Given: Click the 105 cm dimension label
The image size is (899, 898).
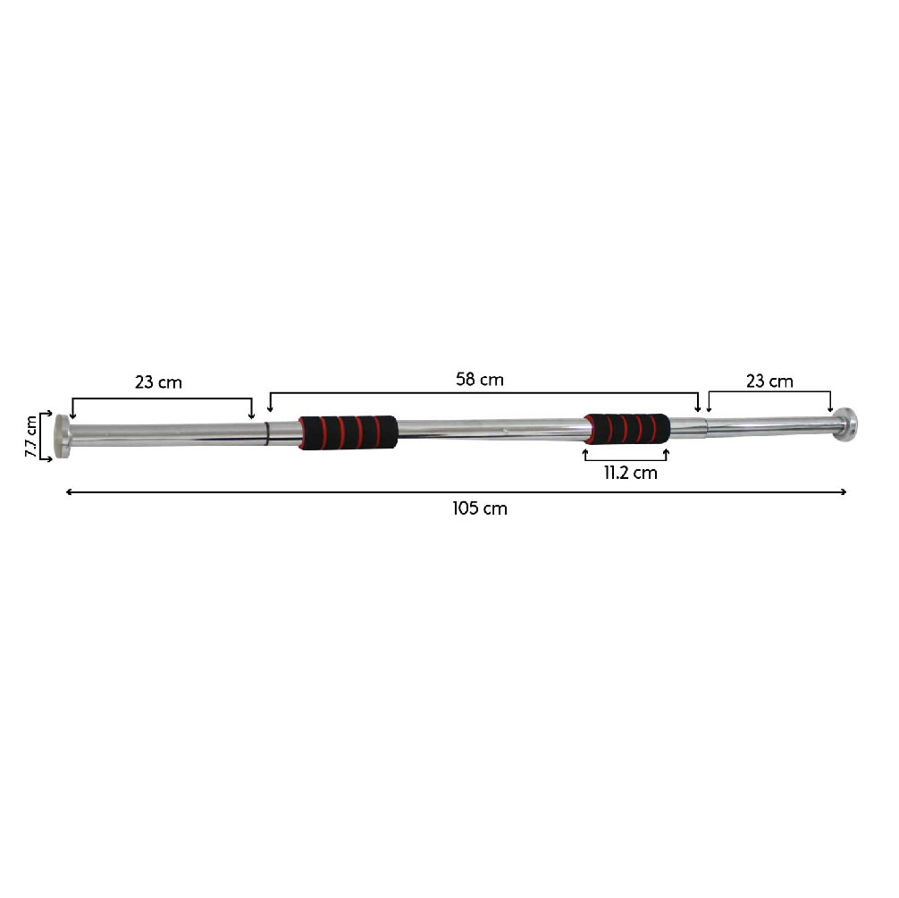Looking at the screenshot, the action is click(479, 508).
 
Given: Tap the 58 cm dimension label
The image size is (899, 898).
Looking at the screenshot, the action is click(479, 380).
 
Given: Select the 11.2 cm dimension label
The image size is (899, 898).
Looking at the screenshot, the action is click(630, 473).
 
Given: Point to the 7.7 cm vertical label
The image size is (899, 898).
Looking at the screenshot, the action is click(31, 436).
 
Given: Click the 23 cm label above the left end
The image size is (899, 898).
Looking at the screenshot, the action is click(158, 382).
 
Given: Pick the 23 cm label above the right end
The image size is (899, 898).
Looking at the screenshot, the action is click(769, 382).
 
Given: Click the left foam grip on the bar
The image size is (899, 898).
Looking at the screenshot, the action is click(348, 432).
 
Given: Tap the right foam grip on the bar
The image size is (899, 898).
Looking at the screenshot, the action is click(626, 429).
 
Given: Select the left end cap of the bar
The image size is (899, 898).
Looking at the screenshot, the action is click(62, 436).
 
